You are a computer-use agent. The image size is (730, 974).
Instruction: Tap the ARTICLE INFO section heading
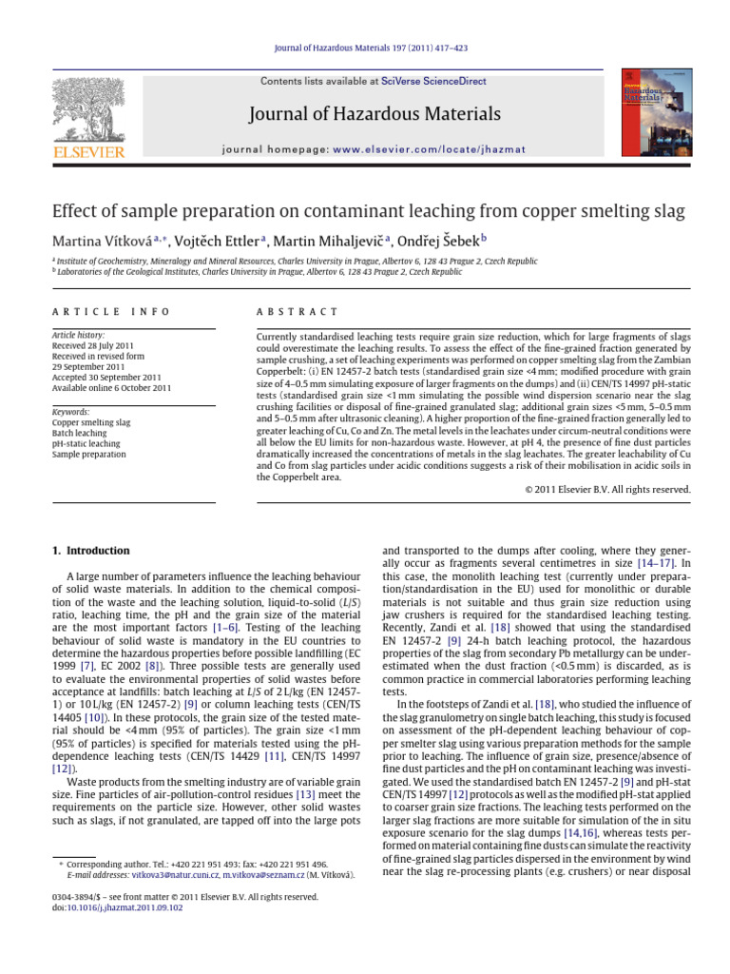pos(111,312)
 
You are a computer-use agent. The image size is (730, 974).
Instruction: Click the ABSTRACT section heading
pos(298,312)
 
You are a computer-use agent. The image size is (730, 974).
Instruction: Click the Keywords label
pos(71,412)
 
